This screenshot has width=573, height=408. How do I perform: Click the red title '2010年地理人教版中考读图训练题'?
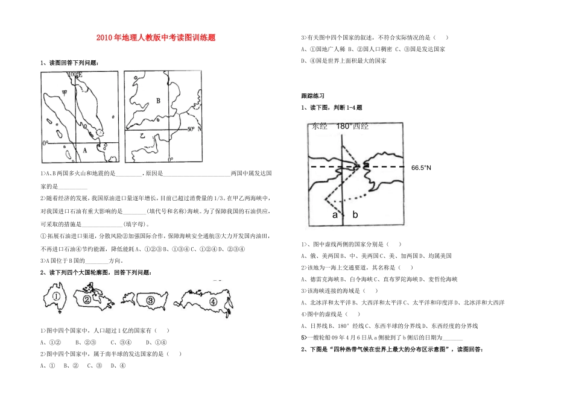pyautogui.click(x=156, y=37)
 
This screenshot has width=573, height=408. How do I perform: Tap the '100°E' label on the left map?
pyautogui.click(x=75, y=74)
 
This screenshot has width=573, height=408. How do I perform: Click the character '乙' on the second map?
pyautogui.click(x=143, y=136)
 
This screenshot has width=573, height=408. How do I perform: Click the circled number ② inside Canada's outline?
pyautogui.click(x=88, y=300)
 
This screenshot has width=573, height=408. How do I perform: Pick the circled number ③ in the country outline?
pyautogui.click(x=150, y=300)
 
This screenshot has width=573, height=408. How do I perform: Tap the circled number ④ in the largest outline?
pyautogui.click(x=212, y=301)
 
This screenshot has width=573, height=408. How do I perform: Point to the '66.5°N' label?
pyautogui.click(x=421, y=168)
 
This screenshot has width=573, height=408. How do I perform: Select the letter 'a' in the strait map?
pyautogui.click(x=334, y=215)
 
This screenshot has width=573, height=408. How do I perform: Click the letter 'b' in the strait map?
pyautogui.click(x=355, y=215)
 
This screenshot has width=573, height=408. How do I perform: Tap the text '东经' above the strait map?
pyautogui.click(x=318, y=127)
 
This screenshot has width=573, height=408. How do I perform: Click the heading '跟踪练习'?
pyautogui.click(x=312, y=96)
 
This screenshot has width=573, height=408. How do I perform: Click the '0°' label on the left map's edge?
pyautogui.click(x=45, y=143)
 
